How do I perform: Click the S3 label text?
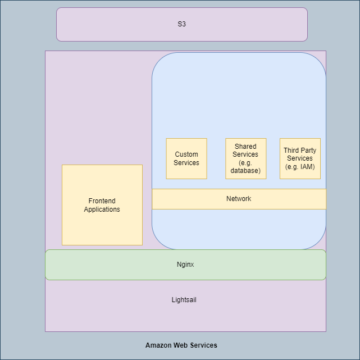(x=181, y=24)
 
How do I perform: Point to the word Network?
(x=239, y=199)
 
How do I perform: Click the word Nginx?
(x=185, y=265)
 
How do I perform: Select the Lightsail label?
(x=184, y=300)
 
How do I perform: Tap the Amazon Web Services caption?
(x=181, y=345)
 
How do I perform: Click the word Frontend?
(x=102, y=201)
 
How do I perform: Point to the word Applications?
(x=102, y=209)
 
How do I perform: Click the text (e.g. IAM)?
(x=300, y=166)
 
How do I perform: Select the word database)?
(x=246, y=170)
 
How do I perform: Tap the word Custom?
(x=186, y=154)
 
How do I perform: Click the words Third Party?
(x=300, y=151)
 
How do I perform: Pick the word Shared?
(x=246, y=147)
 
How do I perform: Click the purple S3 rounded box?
(x=112, y=24)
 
